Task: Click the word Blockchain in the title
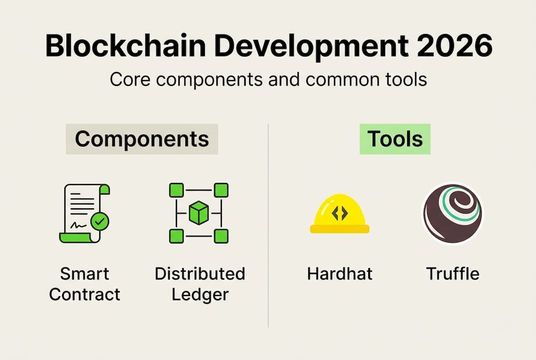click(x=125, y=46)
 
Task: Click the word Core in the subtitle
click(x=130, y=79)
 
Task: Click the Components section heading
click(x=142, y=139)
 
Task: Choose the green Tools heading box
click(x=395, y=139)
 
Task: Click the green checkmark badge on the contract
click(x=100, y=221)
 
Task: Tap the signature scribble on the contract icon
click(x=78, y=225)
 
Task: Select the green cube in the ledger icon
click(x=199, y=213)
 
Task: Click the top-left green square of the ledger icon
click(x=176, y=190)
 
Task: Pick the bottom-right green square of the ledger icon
click(x=221, y=236)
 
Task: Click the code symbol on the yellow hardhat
click(x=340, y=213)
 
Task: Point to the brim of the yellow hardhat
click(x=340, y=228)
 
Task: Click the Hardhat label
click(x=340, y=274)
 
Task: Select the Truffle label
click(x=453, y=274)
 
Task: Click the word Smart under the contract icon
click(x=84, y=274)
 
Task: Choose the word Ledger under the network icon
click(x=200, y=294)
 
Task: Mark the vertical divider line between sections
click(x=268, y=225)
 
